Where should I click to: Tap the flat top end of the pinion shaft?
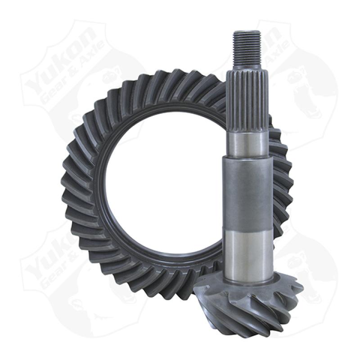click(247, 31)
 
